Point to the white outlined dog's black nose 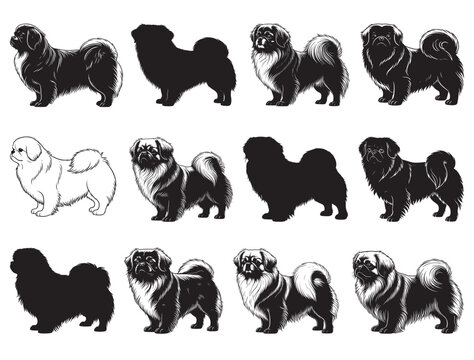(x=12, y=156)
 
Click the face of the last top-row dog (x=380, y=42)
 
